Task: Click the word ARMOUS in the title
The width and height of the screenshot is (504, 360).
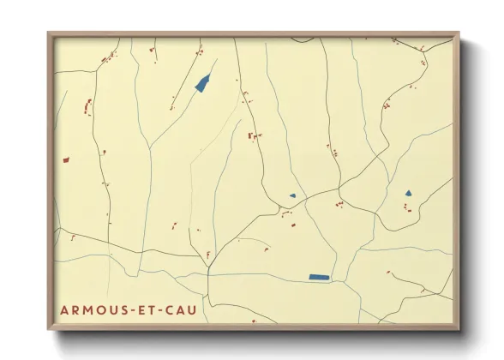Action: click(89, 309)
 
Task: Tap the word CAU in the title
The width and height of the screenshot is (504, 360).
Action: click(177, 309)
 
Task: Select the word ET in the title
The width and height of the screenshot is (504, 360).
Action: click(140, 309)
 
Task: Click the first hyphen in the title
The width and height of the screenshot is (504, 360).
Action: click(124, 309)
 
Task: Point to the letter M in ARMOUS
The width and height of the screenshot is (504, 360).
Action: click(86, 309)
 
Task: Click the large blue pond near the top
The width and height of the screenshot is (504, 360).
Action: click(203, 83)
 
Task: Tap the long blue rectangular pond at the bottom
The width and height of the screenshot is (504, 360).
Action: click(319, 277)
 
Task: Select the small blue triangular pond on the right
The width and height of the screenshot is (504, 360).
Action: click(409, 193)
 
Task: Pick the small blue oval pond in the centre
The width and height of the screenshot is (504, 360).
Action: click(292, 196)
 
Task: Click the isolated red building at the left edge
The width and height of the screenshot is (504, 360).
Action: click(65, 159)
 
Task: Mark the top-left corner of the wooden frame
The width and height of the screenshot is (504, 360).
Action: click(49, 33)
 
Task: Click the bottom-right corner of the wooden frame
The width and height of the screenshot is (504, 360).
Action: click(459, 329)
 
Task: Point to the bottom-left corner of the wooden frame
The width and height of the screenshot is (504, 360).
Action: click(49, 329)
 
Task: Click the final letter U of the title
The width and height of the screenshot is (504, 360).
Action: click(189, 309)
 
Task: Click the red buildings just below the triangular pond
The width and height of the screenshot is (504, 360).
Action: click(408, 207)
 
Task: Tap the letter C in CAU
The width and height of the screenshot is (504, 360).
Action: click(165, 309)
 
